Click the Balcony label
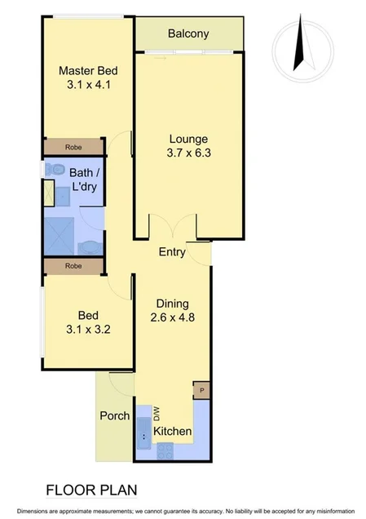[x=188, y=33]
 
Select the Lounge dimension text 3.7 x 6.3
[x=188, y=153]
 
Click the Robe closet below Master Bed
[x=74, y=147]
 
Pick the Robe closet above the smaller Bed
[x=74, y=266]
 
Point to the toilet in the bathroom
[x=55, y=169]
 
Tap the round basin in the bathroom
[x=90, y=246]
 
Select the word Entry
[x=172, y=252]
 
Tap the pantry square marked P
[x=201, y=390]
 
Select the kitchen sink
[x=143, y=432]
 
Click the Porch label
[x=114, y=415]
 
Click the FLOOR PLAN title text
[x=91, y=490]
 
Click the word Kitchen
[x=173, y=431]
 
